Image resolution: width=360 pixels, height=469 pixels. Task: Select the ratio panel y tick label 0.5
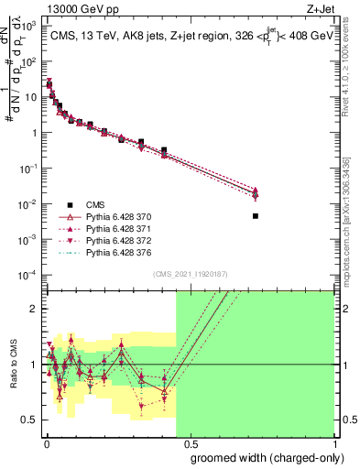[x=31, y=420]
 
